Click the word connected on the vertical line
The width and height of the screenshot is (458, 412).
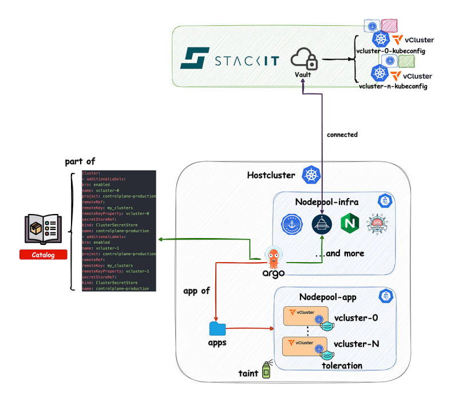click(342, 135)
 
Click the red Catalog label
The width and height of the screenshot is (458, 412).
click(44, 255)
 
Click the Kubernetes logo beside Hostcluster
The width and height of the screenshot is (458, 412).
click(312, 175)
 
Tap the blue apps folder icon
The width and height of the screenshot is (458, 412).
click(218, 328)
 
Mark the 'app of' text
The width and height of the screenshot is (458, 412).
click(196, 290)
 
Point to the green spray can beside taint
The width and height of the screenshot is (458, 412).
click(266, 370)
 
